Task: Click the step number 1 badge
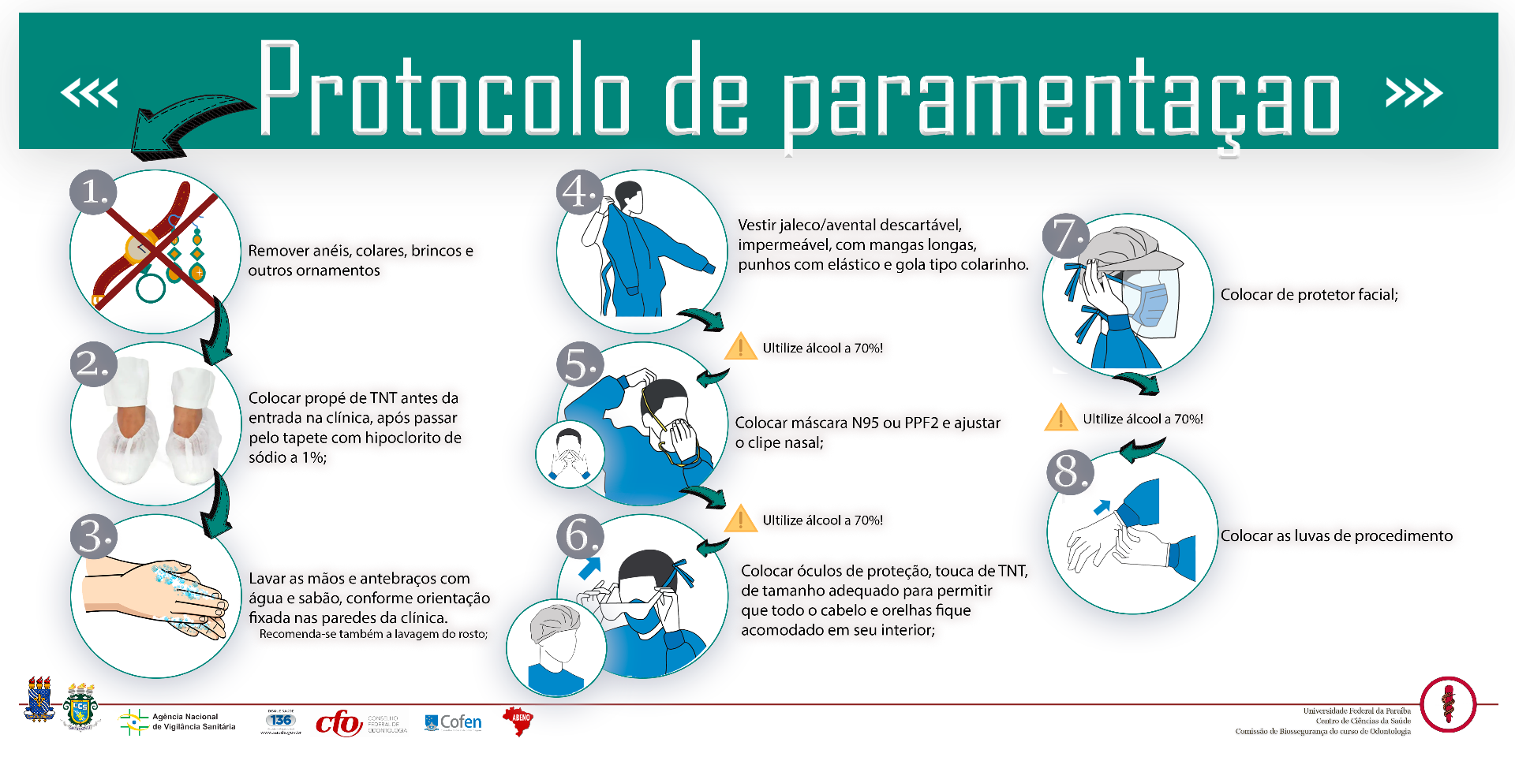(93, 192)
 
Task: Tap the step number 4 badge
(580, 192)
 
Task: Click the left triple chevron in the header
(89, 93)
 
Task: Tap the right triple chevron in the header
(1414, 93)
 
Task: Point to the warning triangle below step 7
(1060, 418)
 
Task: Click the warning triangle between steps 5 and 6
(740, 519)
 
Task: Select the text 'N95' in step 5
(865, 423)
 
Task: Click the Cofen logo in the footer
(453, 722)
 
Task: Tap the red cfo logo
(339, 722)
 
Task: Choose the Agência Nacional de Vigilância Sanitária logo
(178, 722)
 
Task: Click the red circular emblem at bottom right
(1448, 704)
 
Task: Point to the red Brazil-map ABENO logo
(518, 720)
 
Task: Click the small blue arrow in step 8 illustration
(1102, 507)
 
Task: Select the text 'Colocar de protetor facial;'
(1309, 295)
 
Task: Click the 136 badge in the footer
(281, 720)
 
